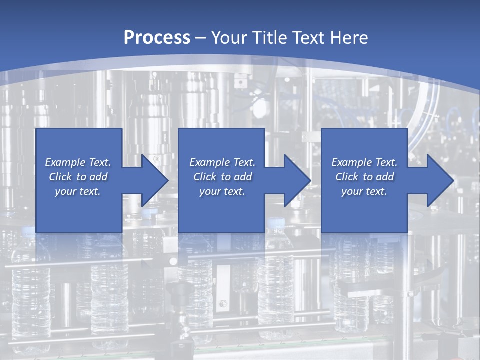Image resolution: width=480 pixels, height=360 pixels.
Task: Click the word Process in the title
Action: click(157, 38)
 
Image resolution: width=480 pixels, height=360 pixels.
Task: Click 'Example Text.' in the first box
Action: click(78, 162)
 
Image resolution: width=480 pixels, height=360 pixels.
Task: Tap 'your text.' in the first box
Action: click(78, 191)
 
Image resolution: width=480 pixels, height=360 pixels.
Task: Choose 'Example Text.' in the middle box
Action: click(222, 162)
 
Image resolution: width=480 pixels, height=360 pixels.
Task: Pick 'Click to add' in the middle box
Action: click(222, 177)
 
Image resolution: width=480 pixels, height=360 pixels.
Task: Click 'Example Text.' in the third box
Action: click(364, 162)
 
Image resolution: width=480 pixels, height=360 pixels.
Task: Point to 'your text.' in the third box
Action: click(364, 191)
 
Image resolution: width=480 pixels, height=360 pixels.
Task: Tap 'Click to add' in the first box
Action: click(78, 177)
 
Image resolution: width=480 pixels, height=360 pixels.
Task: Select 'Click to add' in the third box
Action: click(364, 177)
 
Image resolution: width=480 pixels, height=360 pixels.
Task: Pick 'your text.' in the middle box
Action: click(222, 191)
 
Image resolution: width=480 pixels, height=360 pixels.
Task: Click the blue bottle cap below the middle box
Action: click(276, 223)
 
